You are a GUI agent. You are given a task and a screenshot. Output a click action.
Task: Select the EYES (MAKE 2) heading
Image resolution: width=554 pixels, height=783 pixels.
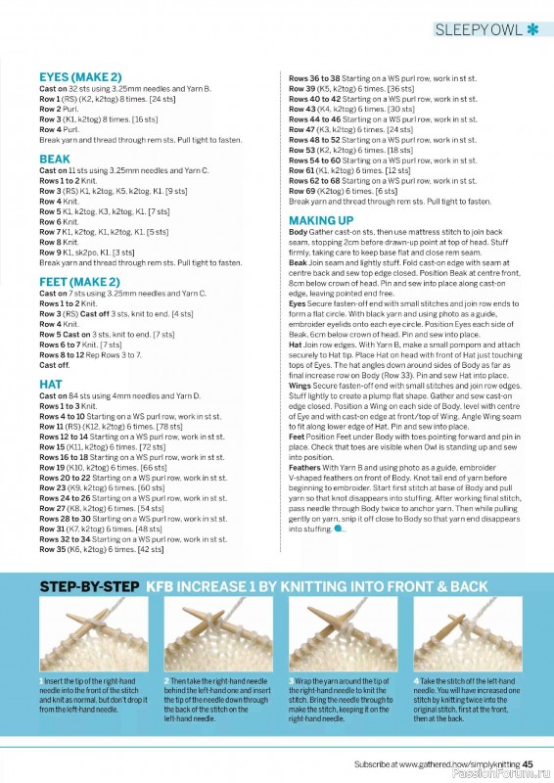[x=80, y=76]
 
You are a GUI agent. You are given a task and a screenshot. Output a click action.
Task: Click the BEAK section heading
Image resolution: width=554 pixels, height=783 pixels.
[x=55, y=159]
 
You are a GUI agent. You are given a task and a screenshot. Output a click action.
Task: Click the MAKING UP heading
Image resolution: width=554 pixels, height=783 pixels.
[x=321, y=220]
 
